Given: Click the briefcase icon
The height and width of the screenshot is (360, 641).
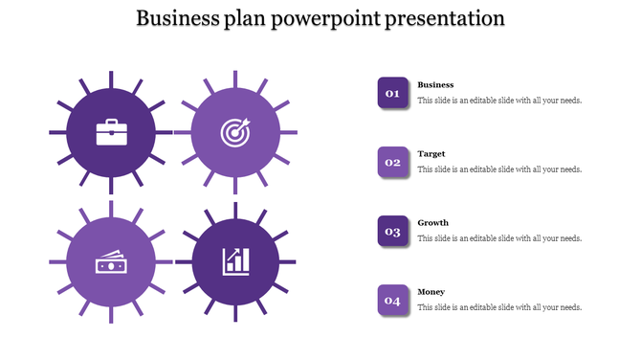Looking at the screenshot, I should point(110,132).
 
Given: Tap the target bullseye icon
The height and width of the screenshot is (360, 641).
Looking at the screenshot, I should point(234,132).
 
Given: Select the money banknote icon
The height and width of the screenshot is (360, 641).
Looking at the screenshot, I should point(110,261).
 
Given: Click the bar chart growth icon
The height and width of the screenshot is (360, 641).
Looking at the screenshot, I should point(235,261).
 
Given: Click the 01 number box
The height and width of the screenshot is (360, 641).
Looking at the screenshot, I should point(392,93).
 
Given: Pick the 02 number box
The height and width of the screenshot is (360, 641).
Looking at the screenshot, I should point(392,162).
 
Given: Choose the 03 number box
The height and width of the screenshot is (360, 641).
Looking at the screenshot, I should point(392,231).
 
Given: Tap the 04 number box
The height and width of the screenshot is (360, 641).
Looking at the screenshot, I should point(392,300).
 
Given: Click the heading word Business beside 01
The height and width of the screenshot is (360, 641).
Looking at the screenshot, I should point(435,85).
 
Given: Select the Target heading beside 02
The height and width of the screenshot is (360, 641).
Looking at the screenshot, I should point(431,154).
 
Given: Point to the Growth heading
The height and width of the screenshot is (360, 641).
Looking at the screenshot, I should point(432,223).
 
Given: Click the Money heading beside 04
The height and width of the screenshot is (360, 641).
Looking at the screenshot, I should point(431,292).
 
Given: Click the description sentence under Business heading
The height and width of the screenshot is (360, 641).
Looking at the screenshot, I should point(499,101).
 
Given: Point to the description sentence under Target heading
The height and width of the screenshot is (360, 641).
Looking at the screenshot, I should point(499,169).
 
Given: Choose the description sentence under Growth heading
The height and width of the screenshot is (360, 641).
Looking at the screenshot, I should point(499,238).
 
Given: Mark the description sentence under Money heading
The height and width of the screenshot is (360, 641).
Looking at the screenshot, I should point(499,307).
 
